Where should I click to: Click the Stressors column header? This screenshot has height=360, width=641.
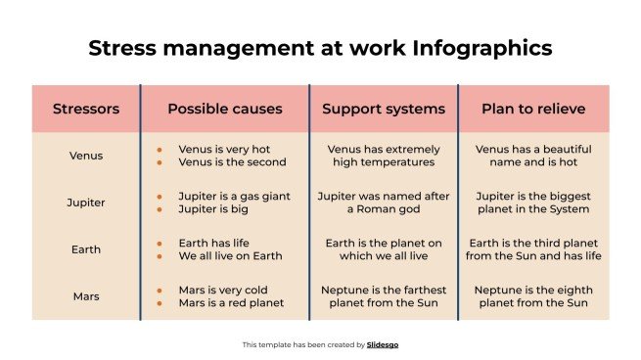[x=86, y=109]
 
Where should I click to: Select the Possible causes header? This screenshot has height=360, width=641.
[x=225, y=109]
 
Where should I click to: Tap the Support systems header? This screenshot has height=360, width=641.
[x=384, y=109]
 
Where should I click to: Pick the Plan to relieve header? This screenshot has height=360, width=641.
[x=533, y=109]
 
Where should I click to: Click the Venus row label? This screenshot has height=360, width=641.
[x=86, y=156]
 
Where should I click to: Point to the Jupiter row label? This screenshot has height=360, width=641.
[x=86, y=202]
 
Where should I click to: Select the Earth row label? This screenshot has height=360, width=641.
[x=86, y=249]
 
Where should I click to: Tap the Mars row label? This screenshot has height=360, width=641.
[x=86, y=296]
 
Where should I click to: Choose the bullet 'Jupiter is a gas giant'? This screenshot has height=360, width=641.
[x=234, y=196]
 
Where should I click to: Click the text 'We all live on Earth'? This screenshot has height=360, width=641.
[x=230, y=256]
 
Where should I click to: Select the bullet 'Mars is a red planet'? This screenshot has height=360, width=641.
[x=231, y=303]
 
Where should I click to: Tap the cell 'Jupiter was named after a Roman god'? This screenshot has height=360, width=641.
[x=384, y=202]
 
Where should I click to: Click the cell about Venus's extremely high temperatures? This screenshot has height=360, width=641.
[x=384, y=156]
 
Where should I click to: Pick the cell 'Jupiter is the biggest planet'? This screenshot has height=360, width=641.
[x=533, y=202]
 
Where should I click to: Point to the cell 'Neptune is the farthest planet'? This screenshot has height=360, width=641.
[x=384, y=296]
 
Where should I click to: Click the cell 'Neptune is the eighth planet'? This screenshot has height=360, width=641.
[x=533, y=296]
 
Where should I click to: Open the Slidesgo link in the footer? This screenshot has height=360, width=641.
[x=384, y=344]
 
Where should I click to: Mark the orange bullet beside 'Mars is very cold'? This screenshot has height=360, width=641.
[x=160, y=291]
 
